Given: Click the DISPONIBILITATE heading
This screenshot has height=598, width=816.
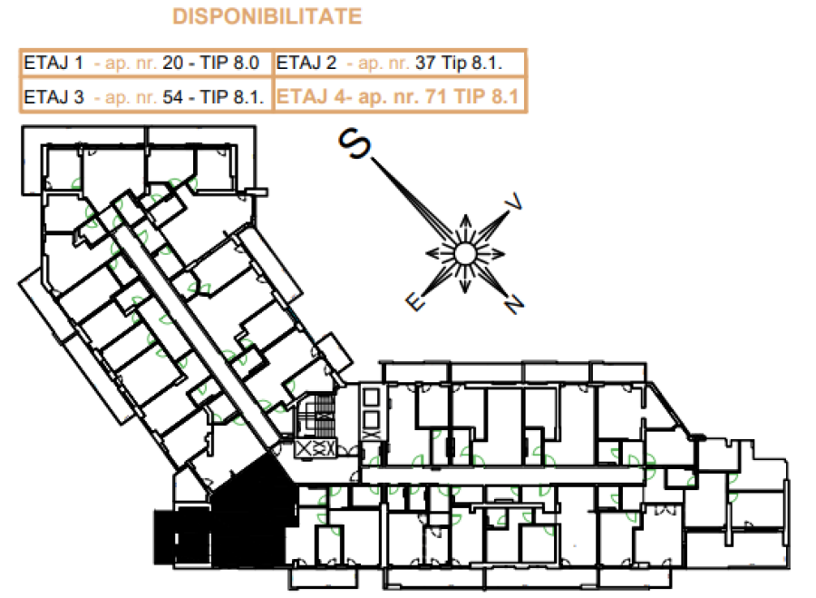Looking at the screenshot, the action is click(267, 16).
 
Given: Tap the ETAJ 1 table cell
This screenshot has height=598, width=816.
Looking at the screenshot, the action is click(146, 64).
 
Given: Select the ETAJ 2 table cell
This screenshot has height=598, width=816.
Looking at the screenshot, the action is click(400, 64).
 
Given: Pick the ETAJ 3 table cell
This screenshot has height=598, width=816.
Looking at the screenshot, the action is click(146, 96).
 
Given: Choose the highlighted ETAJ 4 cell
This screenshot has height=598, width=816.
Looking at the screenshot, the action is click(400, 96).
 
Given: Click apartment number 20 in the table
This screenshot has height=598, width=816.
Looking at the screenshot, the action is click(173, 63).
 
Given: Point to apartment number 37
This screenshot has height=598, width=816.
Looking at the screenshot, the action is click(425, 63).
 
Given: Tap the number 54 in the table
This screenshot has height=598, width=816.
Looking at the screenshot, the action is click(173, 97).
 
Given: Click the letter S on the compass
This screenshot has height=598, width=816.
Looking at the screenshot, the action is click(355, 142).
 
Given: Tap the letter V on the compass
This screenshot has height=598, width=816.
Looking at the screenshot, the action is click(514, 201).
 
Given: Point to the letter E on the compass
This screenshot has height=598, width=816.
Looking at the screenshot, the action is click(415, 301).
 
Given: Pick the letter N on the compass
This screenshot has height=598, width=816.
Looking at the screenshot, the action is click(514, 304).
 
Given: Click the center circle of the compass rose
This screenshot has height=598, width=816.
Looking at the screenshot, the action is click(465, 254).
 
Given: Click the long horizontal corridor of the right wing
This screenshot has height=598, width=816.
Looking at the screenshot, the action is click(502, 475).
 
